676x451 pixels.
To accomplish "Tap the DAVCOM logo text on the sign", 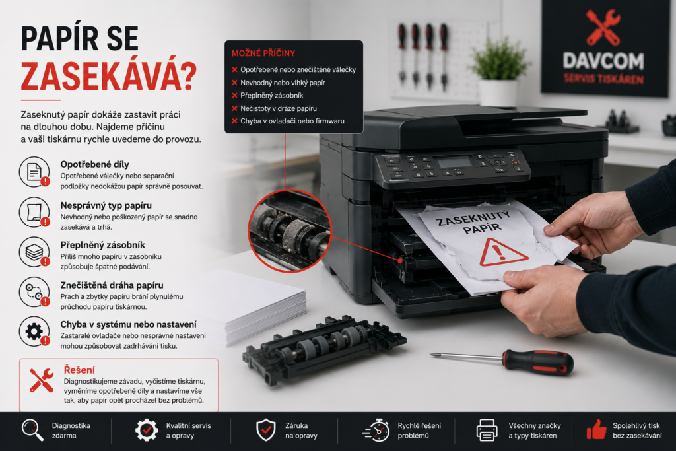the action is click(603, 60).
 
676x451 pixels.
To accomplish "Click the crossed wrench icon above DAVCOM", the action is click(603, 26).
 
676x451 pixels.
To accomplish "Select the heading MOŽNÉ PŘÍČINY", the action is click(263, 53).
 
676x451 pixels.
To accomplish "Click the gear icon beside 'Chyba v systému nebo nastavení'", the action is click(34, 331).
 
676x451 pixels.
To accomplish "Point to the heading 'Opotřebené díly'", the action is click(95, 164).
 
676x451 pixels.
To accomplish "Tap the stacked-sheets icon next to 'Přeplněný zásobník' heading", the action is click(34, 252).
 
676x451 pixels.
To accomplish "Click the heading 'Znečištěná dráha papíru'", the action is click(112, 285).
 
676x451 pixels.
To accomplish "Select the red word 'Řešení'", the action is click(79, 370).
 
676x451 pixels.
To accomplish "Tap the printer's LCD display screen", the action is click(454, 162).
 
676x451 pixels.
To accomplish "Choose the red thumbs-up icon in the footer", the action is click(597, 429).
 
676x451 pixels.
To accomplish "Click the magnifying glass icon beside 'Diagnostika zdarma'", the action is click(33, 430).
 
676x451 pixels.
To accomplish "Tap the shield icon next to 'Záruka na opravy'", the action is click(266, 430).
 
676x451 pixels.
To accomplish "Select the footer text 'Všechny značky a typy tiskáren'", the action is click(535, 431).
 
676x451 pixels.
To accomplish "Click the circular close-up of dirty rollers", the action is click(290, 230).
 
